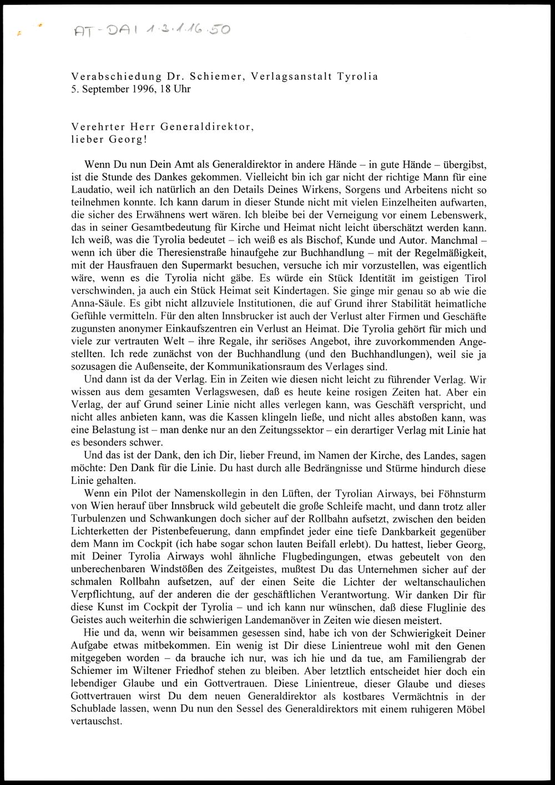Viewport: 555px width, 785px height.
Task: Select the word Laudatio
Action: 90,189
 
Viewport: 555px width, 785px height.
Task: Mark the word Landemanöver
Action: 266,620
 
